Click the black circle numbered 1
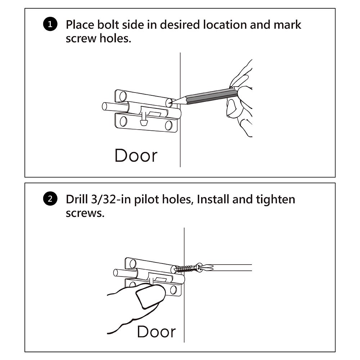coord(50,25)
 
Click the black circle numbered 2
coord(50,199)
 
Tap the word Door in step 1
coord(136,156)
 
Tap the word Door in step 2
coord(156,331)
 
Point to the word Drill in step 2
coord(76,199)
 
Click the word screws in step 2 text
coord(85,213)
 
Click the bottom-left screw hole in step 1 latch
coord(123,121)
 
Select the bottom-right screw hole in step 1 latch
coord(168,125)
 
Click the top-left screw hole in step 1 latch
coord(123,96)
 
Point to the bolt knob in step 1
coord(144,121)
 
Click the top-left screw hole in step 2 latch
coord(133,264)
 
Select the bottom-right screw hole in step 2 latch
coord(174,290)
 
